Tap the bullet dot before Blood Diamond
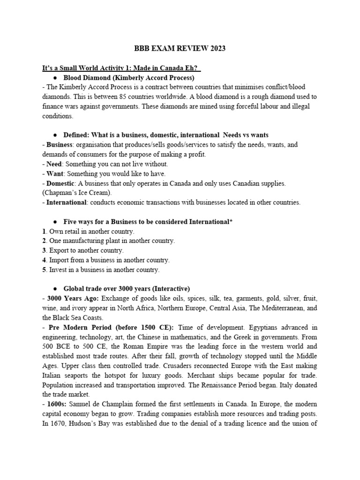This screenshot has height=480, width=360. click(56, 78)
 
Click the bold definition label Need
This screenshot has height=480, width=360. click(54, 164)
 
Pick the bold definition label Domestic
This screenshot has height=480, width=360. click(60, 183)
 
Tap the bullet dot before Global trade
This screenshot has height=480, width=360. click(56, 289)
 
